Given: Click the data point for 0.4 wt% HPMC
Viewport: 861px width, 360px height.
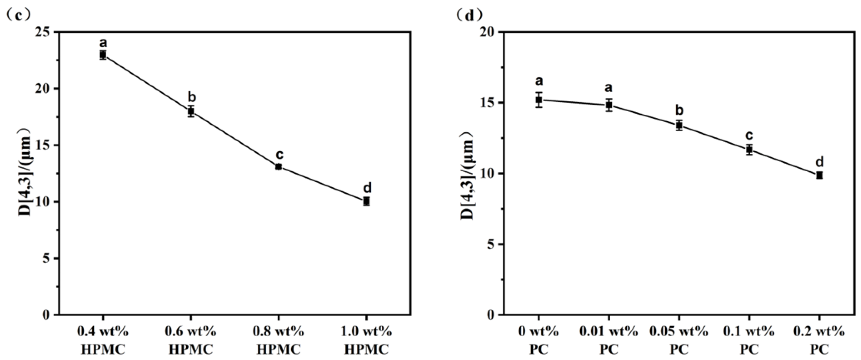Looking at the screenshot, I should [103, 55].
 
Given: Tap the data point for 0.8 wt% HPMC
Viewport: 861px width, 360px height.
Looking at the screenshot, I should [278, 167].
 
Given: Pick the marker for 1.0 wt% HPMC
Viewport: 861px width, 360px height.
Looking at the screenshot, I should [366, 201].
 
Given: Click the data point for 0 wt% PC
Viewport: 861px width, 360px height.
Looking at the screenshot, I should [538, 99].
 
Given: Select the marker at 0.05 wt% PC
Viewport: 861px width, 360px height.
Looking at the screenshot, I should [679, 125].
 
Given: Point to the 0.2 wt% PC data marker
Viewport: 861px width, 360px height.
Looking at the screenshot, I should [819, 175].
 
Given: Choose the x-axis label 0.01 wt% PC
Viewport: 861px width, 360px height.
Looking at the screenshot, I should [609, 340].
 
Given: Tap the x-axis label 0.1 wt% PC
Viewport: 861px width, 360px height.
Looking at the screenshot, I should [749, 340].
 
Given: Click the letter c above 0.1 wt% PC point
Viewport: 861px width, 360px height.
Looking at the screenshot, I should [749, 136].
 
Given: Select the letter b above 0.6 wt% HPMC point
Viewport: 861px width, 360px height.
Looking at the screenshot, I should [192, 97].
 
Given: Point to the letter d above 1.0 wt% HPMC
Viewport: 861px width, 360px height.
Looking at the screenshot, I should [367, 188].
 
